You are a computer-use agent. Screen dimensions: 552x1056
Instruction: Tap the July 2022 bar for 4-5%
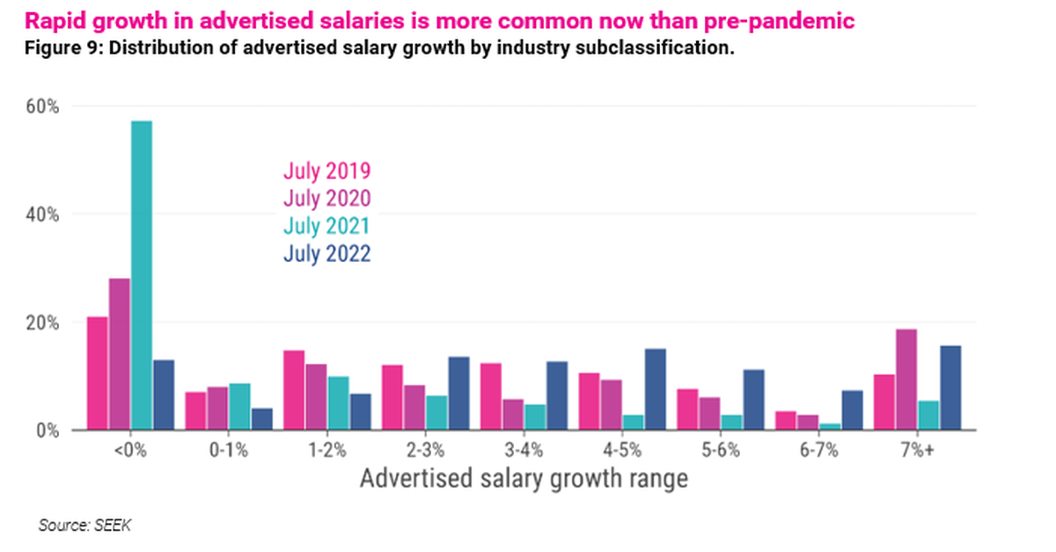(x=655, y=389)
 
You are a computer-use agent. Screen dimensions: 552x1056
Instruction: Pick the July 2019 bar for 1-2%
(x=294, y=390)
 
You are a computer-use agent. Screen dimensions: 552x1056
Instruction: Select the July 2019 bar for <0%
(x=98, y=374)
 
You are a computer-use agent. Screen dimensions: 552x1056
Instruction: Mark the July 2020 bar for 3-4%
(x=513, y=415)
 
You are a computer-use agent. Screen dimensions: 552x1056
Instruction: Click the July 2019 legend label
(x=326, y=171)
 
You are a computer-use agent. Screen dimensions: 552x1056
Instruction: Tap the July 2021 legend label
(x=326, y=226)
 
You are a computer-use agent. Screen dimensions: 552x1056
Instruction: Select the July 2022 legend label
(x=326, y=253)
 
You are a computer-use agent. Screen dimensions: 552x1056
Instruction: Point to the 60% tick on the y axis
(x=40, y=106)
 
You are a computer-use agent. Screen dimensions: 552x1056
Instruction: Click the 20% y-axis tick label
(x=40, y=323)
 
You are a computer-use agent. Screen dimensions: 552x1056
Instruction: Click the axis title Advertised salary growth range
(x=524, y=479)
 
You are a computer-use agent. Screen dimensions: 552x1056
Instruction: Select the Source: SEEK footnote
(x=84, y=526)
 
